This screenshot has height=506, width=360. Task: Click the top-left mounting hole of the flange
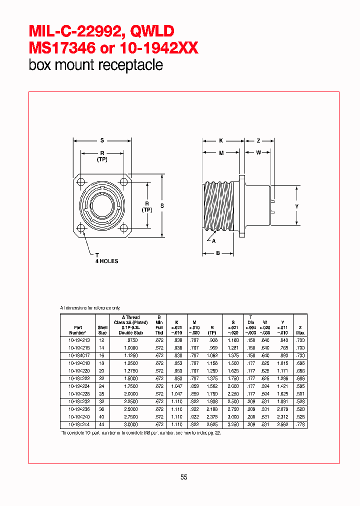[x=81, y=180]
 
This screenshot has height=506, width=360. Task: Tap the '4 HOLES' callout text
[x=107, y=261]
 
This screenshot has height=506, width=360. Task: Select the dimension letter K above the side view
[x=220, y=140]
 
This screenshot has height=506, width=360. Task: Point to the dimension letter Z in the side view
[x=258, y=140]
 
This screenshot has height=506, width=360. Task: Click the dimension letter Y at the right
[x=296, y=206]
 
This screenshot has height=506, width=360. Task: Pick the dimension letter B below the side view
[x=218, y=253]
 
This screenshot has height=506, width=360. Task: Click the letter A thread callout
[x=213, y=240]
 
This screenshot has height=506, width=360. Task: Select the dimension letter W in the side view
[x=258, y=152]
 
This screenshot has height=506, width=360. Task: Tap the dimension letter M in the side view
[x=220, y=152]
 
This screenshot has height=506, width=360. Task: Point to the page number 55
[x=183, y=477]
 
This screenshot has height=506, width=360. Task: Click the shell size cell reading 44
[x=102, y=424]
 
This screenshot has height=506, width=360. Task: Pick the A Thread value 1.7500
[x=131, y=386]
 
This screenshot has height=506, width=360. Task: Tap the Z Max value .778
[x=299, y=424]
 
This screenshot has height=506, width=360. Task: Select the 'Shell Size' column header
[x=102, y=330]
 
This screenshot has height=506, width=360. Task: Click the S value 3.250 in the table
[x=233, y=424]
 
